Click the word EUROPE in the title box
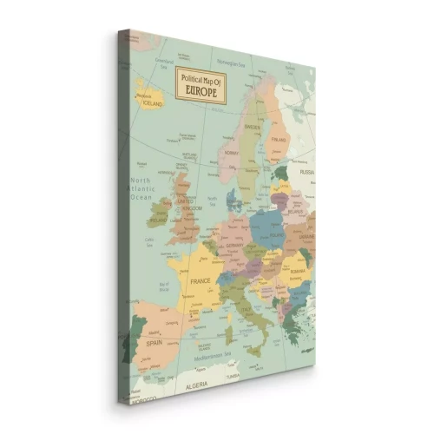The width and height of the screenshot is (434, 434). coord(201,89)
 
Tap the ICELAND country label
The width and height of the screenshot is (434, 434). coord(153,102)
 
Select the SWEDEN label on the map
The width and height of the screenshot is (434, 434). coord(253,126)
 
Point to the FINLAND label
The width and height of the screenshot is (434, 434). coord(278,138)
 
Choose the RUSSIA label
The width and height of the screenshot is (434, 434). coord(306,172)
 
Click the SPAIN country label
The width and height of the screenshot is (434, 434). coord(155,342)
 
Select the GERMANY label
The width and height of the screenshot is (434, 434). coord(234,246)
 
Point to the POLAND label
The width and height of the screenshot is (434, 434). coord(277,234)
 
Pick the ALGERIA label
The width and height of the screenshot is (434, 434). coord(198,384)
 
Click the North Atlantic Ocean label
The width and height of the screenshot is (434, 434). coord(141,189)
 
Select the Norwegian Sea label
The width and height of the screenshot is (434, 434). coord(231,62)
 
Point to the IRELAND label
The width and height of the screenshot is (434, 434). coord(157,220)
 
